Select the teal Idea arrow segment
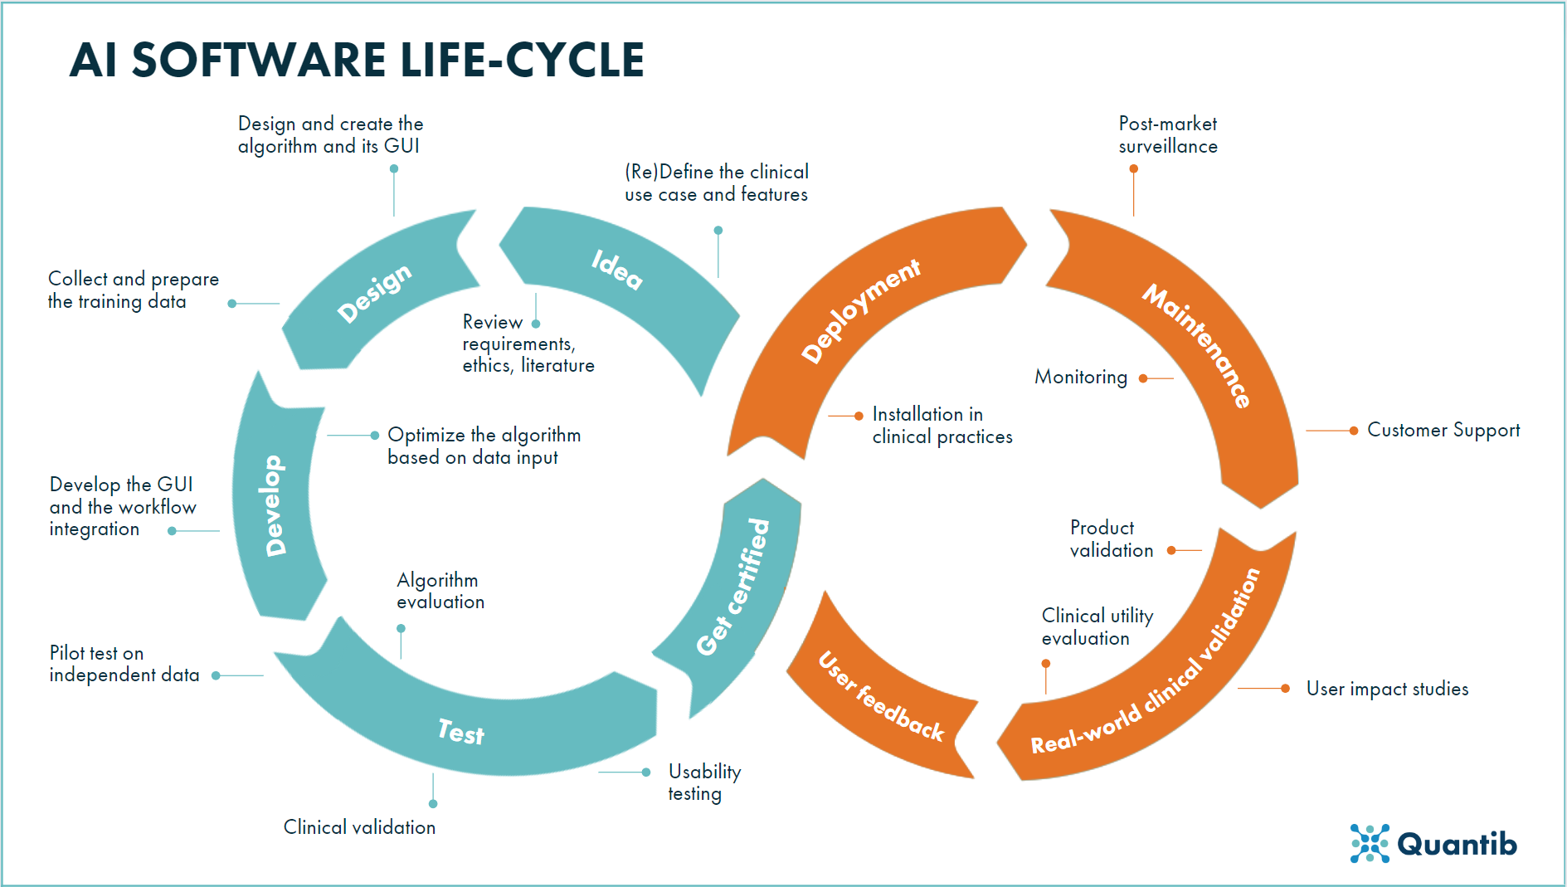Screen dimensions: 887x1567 point(618,270)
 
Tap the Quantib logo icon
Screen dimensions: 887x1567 point(1370,843)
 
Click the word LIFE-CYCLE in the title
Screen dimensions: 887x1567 point(523,60)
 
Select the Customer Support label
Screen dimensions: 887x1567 point(1443,430)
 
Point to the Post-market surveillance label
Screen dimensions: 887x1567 point(1168,135)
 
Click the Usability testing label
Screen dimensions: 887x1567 point(704,782)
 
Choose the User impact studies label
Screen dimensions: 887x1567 point(1387,689)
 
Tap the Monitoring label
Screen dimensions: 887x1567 point(1081,378)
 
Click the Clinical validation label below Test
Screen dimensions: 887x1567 point(359,827)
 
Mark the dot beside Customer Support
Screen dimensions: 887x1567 point(1354,431)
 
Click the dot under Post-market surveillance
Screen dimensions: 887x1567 point(1134,168)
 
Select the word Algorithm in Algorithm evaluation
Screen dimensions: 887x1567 point(437,580)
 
